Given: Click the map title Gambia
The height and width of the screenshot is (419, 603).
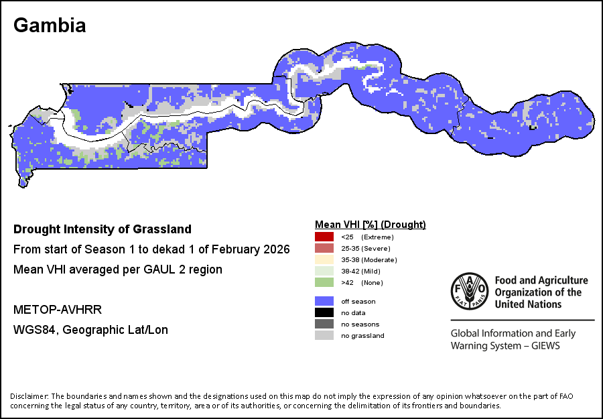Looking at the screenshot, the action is pyautogui.click(x=50, y=25).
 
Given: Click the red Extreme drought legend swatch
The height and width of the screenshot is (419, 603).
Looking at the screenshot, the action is pyautogui.click(x=324, y=237).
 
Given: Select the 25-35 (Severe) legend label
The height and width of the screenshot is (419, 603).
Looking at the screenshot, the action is pyautogui.click(x=366, y=249).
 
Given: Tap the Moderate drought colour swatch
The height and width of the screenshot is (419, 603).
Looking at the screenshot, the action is pyautogui.click(x=324, y=259).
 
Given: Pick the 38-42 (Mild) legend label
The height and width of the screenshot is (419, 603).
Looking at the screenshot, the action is pyautogui.click(x=360, y=272).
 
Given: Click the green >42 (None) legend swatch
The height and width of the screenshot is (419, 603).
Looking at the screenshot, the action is pyautogui.click(x=324, y=282).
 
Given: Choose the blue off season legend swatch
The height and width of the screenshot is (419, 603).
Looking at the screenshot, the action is pyautogui.click(x=324, y=301).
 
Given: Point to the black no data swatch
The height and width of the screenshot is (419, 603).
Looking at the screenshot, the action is pyautogui.click(x=324, y=313).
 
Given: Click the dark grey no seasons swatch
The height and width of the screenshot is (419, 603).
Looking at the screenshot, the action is pyautogui.click(x=324, y=324).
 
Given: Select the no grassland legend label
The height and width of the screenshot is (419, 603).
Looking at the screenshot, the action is pyautogui.click(x=362, y=336).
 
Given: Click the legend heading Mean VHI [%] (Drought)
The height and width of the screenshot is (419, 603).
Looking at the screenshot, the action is pyautogui.click(x=371, y=225).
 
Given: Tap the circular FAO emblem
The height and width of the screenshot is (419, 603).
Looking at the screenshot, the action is pyautogui.click(x=469, y=291).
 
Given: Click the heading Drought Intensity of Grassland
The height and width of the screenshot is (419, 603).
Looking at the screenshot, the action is pyautogui.click(x=103, y=229).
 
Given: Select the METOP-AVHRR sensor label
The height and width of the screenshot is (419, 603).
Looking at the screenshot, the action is pyautogui.click(x=58, y=310).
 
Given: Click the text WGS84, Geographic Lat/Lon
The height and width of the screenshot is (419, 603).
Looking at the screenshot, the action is pyautogui.click(x=90, y=330).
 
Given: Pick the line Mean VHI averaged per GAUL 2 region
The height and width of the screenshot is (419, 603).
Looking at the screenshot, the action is pyautogui.click(x=118, y=270).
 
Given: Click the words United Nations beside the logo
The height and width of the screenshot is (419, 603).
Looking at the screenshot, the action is pyautogui.click(x=528, y=304).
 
